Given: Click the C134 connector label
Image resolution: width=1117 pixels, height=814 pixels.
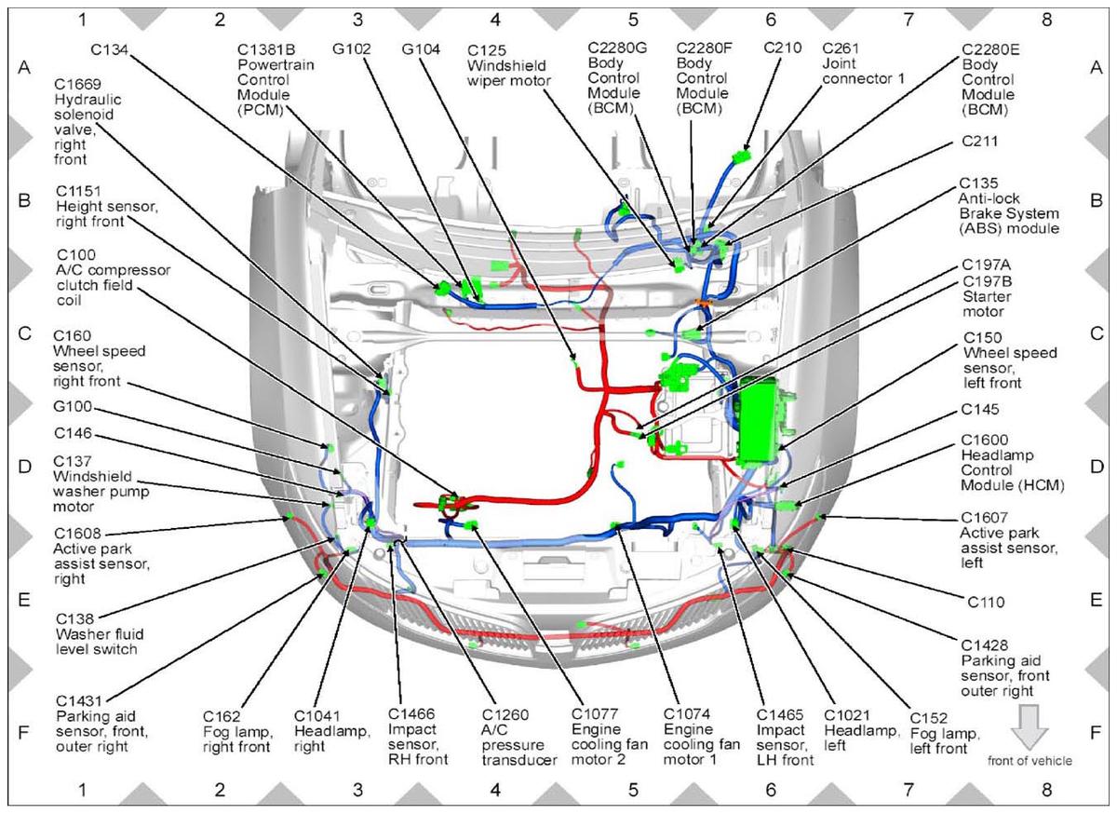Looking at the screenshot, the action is coord(110,50).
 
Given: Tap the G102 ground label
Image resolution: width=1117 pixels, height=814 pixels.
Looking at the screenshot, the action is coord(352,49).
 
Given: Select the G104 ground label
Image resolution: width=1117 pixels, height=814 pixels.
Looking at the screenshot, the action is coord(421,49).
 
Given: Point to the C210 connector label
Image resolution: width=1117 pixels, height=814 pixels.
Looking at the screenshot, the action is coord(783,47).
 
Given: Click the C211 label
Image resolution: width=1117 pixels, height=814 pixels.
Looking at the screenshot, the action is coord(979,142).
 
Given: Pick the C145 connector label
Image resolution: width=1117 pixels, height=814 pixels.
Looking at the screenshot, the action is coord(980,409).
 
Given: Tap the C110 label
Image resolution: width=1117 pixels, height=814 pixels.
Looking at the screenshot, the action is coord(986,602).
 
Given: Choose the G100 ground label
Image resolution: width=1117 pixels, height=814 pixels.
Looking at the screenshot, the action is coord(73,407).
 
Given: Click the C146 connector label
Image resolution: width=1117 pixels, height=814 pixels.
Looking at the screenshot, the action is coord(73,433).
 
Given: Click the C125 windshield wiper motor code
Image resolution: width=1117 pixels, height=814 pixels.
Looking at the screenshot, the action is coord(487,50).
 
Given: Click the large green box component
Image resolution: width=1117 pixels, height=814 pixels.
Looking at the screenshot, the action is coord(758,420).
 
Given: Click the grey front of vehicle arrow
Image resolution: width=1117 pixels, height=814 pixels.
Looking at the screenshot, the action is coord(1030,726).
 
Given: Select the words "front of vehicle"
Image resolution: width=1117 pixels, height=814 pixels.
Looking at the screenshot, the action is coord(1030,761).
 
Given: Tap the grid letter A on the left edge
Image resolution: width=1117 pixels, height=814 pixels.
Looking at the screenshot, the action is coord(24,67).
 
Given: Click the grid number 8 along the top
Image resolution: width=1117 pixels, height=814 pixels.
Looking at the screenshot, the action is coord(1046,20).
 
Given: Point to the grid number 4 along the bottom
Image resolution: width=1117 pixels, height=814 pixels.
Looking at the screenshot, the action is coord(495,790).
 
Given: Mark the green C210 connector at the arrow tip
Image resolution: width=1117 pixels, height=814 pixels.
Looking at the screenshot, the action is coord(742,156).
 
